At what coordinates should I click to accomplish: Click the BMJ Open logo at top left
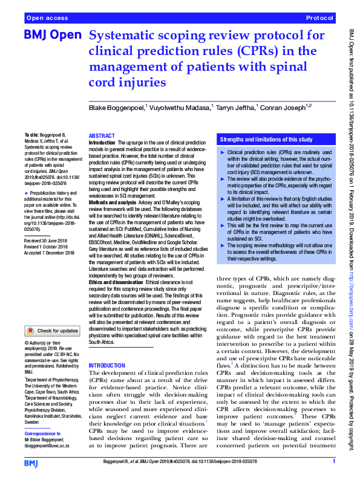coord(53,36)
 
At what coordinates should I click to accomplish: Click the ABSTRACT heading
coord(101,137)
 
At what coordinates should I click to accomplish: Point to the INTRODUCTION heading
coord(108,366)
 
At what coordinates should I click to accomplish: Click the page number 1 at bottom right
coord(333,462)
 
